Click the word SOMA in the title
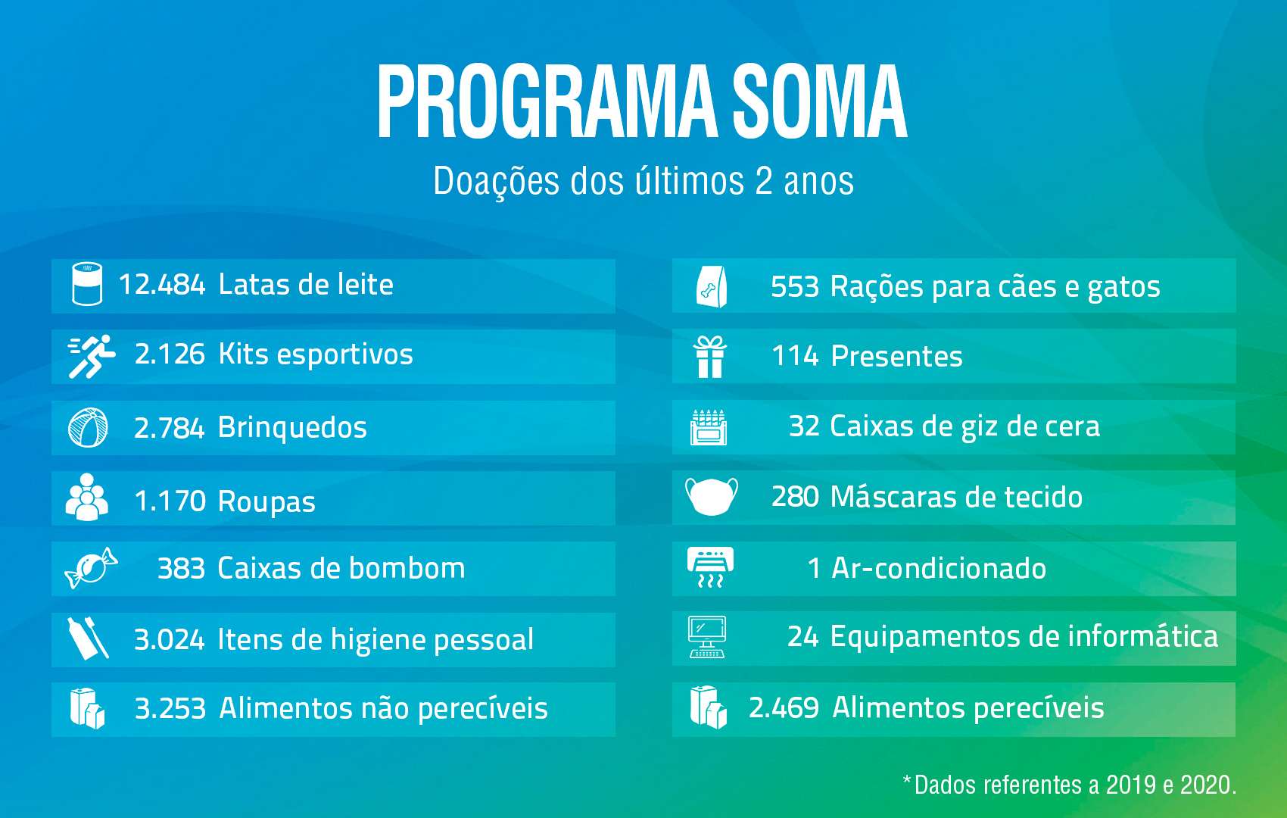(x=819, y=101)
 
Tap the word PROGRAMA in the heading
(x=547, y=101)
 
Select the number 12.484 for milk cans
(x=161, y=285)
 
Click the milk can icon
(x=87, y=283)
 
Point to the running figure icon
(x=92, y=357)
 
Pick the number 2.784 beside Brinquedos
(x=169, y=428)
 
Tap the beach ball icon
(x=88, y=427)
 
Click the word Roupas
(x=266, y=502)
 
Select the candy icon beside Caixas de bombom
(x=92, y=568)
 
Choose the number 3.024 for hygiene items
(x=169, y=639)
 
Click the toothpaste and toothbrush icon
(x=88, y=638)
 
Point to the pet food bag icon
(x=712, y=286)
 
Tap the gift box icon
(x=710, y=357)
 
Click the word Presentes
(x=897, y=357)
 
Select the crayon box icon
(x=709, y=427)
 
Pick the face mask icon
(x=712, y=496)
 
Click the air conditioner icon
(x=710, y=567)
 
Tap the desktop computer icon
(x=707, y=637)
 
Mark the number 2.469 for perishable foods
(x=784, y=707)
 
